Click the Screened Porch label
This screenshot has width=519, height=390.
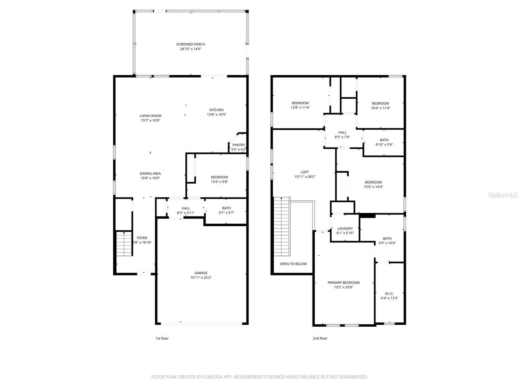point(191,44)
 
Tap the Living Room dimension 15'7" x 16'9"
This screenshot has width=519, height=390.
point(150,121)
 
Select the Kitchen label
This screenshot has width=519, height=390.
point(217,110)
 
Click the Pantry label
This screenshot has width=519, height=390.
point(238,145)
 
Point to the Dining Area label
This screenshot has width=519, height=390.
point(150,173)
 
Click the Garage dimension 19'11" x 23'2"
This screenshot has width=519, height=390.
point(201,278)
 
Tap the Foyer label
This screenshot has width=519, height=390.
point(142,238)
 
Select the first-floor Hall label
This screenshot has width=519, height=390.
point(186,208)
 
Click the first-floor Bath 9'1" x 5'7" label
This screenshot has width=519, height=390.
point(226,208)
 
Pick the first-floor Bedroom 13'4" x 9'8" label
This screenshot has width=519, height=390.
point(219,177)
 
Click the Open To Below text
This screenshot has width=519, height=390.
point(293,264)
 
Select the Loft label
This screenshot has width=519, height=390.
point(305,172)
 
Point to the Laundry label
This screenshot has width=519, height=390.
point(345,229)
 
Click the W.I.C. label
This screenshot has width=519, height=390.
point(389,293)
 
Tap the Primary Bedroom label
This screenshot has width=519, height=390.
point(343,283)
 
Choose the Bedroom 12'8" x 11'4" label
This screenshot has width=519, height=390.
point(300,103)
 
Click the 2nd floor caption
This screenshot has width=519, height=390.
point(320,338)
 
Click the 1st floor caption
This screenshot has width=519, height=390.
point(162,338)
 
